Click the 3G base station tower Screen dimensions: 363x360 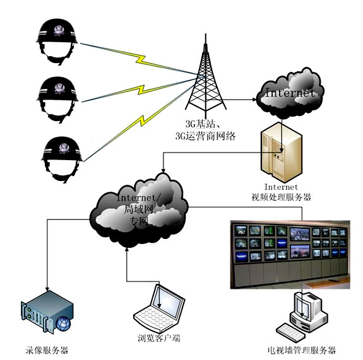(x=206, y=76)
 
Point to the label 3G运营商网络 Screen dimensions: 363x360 (x=205, y=136)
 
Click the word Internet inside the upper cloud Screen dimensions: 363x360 (x=290, y=93)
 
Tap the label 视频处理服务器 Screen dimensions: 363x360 (x=282, y=197)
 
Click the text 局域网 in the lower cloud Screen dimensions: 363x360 (x=138, y=209)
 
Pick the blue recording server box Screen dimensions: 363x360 (x=47, y=311)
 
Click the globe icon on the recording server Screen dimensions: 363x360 (x=63, y=323)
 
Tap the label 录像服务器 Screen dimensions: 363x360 (x=47, y=350)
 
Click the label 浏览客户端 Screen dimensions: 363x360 (x=159, y=339)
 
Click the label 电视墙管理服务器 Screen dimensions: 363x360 (x=301, y=350)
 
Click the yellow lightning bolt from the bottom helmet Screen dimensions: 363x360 (x=141, y=120)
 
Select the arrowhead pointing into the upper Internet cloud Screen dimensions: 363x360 (x=254, y=100)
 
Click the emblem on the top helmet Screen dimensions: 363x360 (x=59, y=30)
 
